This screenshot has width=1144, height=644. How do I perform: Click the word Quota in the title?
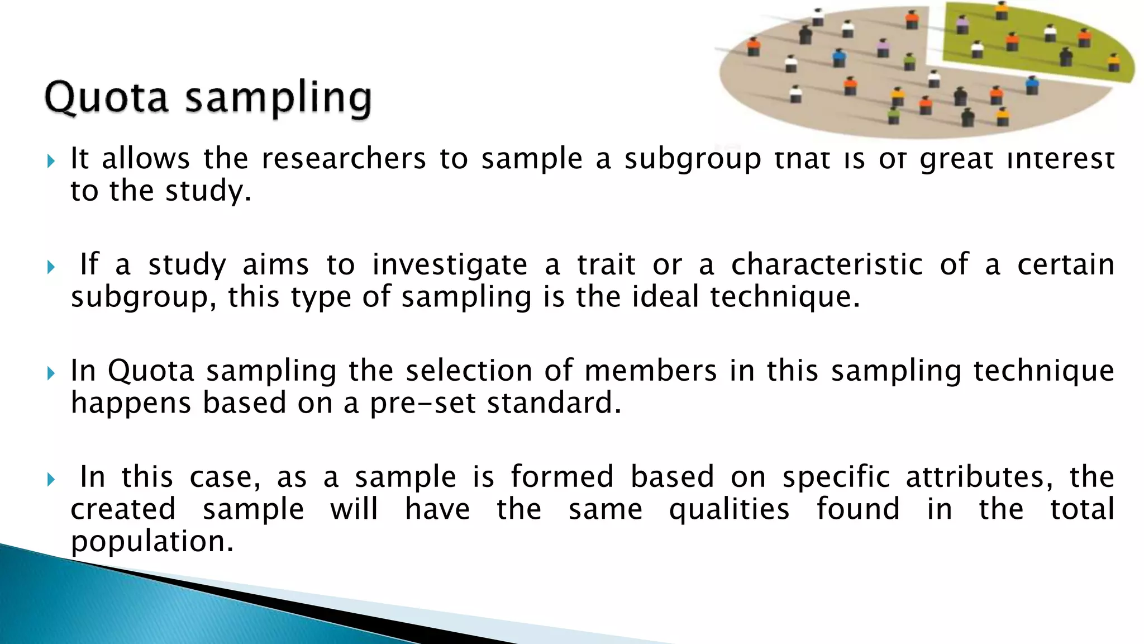pyautogui.click(x=106, y=97)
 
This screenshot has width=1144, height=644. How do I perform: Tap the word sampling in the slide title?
pyautogui.click(x=278, y=98)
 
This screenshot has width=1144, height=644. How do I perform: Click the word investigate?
pyautogui.click(x=450, y=265)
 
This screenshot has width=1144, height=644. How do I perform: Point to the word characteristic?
pyautogui.click(x=827, y=264)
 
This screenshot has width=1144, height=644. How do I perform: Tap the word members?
pyautogui.click(x=650, y=371)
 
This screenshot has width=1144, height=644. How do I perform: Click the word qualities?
pyautogui.click(x=730, y=509)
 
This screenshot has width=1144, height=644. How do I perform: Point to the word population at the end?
pyautogui.click(x=152, y=542)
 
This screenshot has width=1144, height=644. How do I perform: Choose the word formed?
pyautogui.click(x=562, y=477)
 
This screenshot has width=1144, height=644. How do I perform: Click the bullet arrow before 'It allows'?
pyautogui.click(x=51, y=162)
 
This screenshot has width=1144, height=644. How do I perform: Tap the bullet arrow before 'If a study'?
pyautogui.click(x=51, y=267)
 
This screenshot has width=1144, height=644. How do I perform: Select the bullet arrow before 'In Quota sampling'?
pyautogui.click(x=51, y=373)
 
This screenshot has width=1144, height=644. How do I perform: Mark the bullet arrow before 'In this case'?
pyautogui.click(x=51, y=480)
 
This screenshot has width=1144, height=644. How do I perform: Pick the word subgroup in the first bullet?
pyautogui.click(x=693, y=159)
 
